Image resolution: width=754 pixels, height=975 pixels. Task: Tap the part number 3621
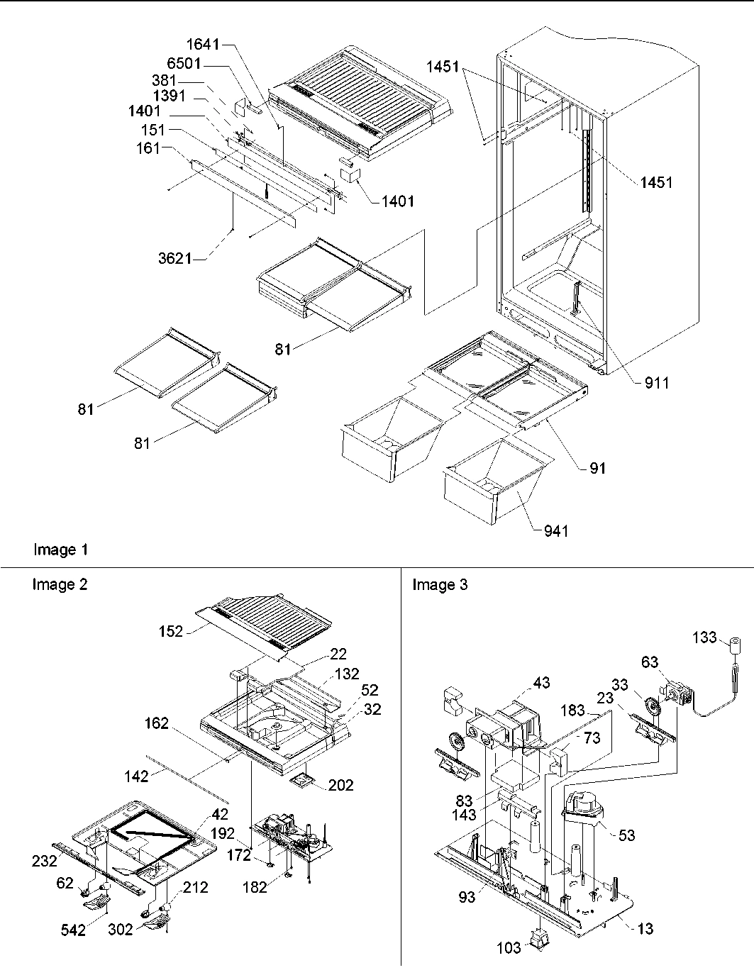[x=174, y=258]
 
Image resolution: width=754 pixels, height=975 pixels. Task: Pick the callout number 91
[x=597, y=468]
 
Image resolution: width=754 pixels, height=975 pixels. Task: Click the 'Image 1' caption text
[x=60, y=550]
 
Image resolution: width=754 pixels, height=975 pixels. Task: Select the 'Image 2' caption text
[x=60, y=584]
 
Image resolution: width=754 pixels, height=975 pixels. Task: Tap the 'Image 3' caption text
[x=440, y=584]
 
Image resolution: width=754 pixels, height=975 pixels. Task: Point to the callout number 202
[x=340, y=785]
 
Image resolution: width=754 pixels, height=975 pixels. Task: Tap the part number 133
[x=704, y=638]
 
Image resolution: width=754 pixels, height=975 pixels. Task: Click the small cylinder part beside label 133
[x=736, y=646]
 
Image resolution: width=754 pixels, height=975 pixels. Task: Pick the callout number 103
[x=509, y=947]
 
